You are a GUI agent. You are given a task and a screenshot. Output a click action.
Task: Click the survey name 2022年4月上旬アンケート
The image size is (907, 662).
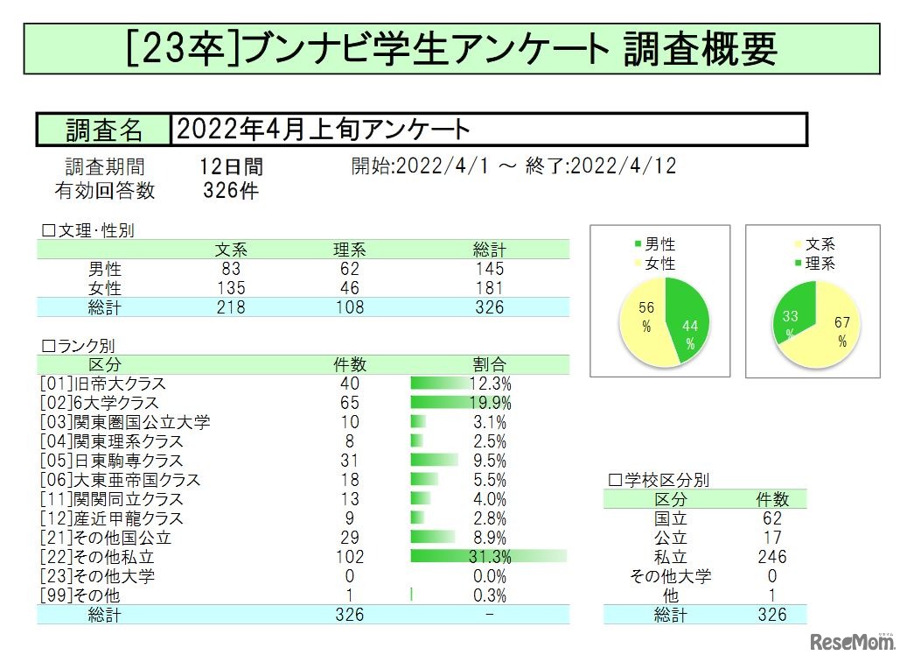324,130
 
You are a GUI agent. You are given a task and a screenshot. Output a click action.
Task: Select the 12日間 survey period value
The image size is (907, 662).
231,166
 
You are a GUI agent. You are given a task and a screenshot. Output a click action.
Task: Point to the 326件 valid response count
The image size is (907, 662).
231,190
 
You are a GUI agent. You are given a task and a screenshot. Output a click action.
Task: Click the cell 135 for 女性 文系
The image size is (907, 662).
231,288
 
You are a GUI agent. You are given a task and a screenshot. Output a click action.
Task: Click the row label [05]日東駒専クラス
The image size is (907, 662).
112,461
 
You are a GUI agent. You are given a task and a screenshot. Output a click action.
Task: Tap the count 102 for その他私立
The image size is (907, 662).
349,557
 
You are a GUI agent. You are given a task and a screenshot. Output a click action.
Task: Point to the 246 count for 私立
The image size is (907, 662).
771,557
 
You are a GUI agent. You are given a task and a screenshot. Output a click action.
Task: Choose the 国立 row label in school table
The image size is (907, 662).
671,518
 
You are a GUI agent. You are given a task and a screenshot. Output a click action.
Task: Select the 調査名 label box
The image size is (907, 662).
103,130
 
